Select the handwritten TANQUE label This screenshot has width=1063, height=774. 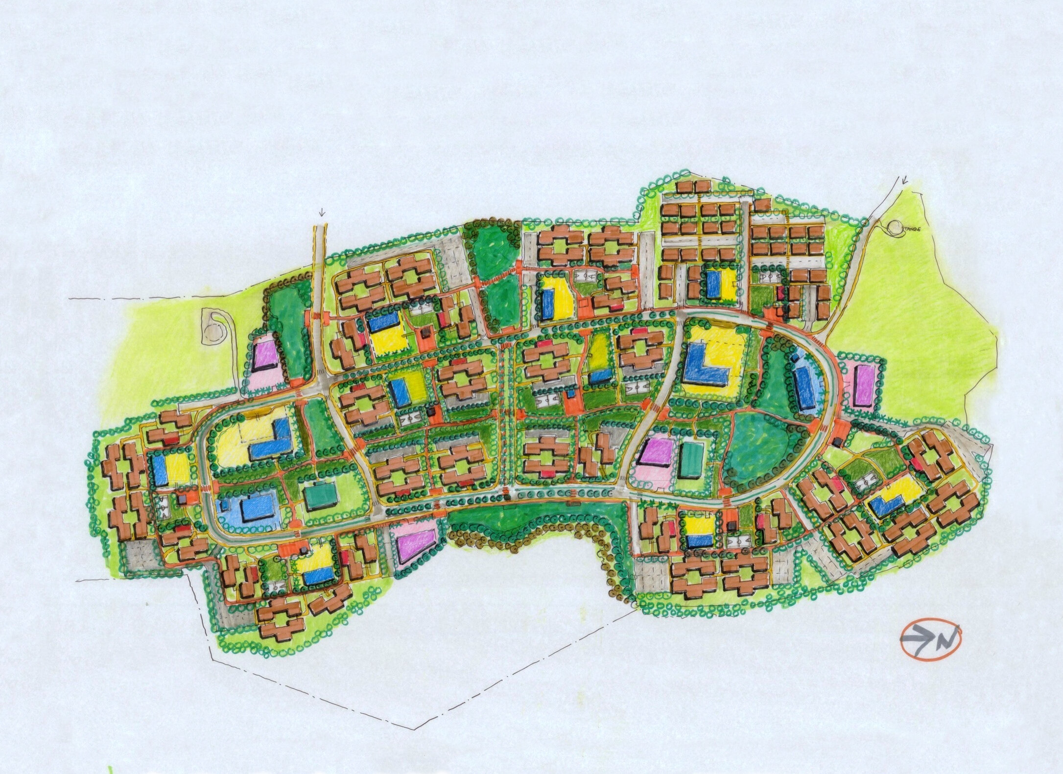click(x=911, y=229)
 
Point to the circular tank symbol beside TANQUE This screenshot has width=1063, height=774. click(x=895, y=227)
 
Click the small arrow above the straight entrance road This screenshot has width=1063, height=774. click(x=321, y=212)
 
